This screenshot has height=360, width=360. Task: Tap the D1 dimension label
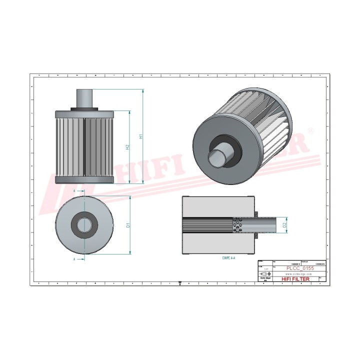(128, 225)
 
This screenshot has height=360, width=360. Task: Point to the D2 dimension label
(284, 225)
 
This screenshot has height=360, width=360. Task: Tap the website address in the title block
(298, 274)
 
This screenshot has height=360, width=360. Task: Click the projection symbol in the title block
(264, 274)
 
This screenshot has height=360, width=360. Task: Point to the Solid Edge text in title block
(265, 279)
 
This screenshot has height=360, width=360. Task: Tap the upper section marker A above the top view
(74, 191)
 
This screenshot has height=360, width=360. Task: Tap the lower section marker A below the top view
(74, 260)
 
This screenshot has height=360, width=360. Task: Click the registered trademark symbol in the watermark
(311, 131)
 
